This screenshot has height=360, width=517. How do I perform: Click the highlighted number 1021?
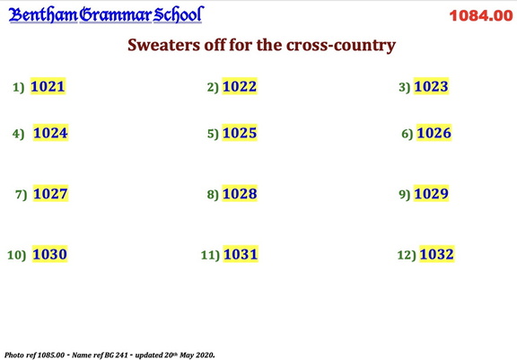(48, 86)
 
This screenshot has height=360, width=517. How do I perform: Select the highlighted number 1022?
(239, 86)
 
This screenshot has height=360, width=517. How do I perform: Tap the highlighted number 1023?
(431, 86)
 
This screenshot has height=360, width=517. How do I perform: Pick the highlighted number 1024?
(50, 133)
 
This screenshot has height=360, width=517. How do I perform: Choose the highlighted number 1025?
(239, 133)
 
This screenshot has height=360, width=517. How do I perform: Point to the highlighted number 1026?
(434, 133)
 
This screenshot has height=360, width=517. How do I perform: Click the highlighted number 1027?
(50, 193)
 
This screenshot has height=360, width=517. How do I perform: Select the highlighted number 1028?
(240, 193)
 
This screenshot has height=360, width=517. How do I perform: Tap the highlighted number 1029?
(431, 193)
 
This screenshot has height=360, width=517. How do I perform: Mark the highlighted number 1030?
(49, 254)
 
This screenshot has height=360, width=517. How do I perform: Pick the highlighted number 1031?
(241, 254)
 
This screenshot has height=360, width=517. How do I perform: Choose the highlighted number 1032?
(436, 254)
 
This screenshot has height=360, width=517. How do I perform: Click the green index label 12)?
(406, 256)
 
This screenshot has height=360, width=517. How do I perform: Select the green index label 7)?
(22, 195)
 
